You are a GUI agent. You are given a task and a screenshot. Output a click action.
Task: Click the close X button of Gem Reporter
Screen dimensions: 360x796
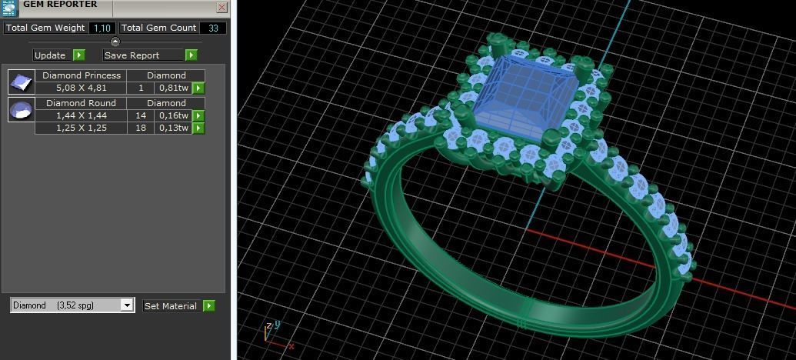pyautogui.click(x=221, y=7)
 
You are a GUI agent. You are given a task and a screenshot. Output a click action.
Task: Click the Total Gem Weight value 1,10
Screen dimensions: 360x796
pyautogui.click(x=101, y=28)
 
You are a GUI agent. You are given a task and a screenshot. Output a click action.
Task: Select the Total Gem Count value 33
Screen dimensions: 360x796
pyautogui.click(x=213, y=28)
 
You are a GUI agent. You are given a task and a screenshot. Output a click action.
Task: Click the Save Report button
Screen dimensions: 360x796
pyautogui.click(x=143, y=55)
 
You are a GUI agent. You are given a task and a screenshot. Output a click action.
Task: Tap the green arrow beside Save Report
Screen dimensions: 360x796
pyautogui.click(x=192, y=55)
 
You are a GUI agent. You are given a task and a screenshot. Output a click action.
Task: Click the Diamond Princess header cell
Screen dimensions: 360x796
pyautogui.click(x=81, y=75)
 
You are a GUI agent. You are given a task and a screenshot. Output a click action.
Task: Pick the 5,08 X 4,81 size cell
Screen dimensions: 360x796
pyautogui.click(x=81, y=88)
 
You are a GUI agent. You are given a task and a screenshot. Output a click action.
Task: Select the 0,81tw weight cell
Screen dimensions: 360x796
pyautogui.click(x=174, y=88)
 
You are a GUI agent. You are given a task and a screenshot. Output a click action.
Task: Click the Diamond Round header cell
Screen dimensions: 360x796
pyautogui.click(x=81, y=103)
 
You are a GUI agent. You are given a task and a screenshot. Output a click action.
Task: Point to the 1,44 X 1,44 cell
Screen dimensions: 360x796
pyautogui.click(x=81, y=115)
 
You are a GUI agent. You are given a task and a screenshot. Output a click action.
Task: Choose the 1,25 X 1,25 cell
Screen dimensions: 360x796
pyautogui.click(x=81, y=128)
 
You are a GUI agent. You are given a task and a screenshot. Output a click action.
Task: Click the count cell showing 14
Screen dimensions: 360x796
pyautogui.click(x=141, y=115)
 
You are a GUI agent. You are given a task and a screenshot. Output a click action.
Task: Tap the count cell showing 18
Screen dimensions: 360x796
pyautogui.click(x=141, y=128)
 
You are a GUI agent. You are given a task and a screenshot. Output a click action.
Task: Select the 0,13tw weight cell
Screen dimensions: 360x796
pyautogui.click(x=174, y=128)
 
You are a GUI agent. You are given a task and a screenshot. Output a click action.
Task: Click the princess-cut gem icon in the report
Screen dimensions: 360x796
pyautogui.click(x=21, y=82)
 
